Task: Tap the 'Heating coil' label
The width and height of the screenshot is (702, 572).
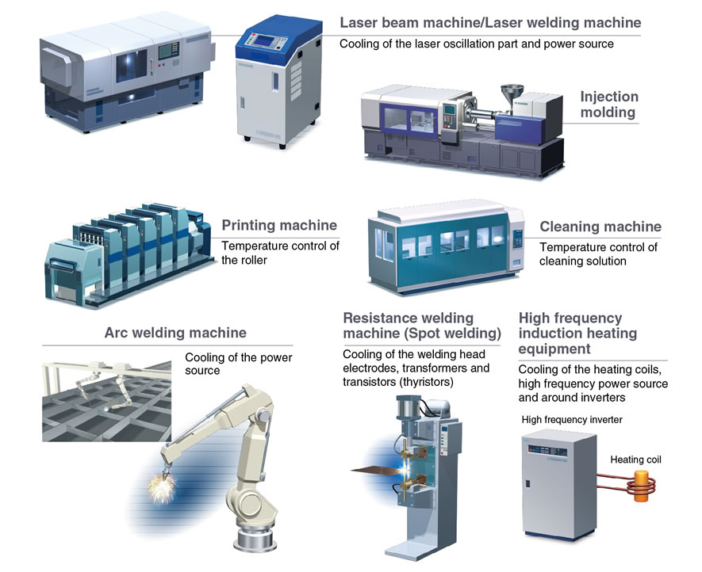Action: coord(635,460)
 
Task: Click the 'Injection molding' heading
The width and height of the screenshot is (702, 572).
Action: coord(609,105)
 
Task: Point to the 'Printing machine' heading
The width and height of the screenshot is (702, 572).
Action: coord(279,225)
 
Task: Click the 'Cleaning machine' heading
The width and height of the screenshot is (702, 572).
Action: coord(600,227)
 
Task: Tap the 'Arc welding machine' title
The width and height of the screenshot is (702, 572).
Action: coord(175,333)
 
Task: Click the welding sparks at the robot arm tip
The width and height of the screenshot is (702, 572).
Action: coord(162,487)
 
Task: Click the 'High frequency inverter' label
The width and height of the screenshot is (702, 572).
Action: coord(572,420)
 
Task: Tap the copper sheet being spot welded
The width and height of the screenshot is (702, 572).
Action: coord(375,469)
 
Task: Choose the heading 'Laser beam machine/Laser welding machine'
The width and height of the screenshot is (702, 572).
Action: coord(490,22)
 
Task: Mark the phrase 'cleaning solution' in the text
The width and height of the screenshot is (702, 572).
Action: coord(582,261)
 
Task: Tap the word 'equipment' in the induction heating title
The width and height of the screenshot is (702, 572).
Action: coord(554,349)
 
